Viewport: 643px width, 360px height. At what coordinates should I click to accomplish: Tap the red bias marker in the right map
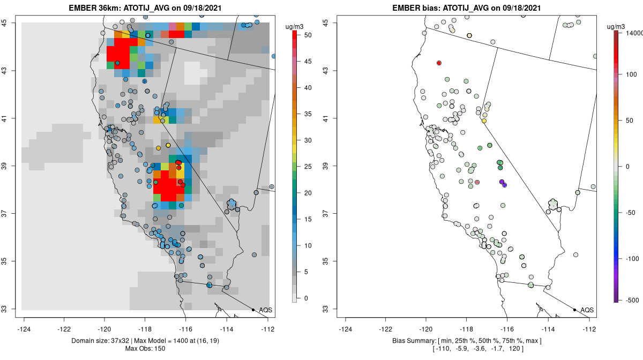(x=439, y=63)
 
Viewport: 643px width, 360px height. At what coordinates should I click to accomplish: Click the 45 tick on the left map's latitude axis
(x=11, y=23)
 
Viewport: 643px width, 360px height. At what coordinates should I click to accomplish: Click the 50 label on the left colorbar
(x=309, y=35)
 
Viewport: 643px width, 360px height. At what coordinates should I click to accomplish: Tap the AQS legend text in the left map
(x=265, y=310)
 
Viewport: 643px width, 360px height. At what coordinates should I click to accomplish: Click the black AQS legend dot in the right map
(x=574, y=310)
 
